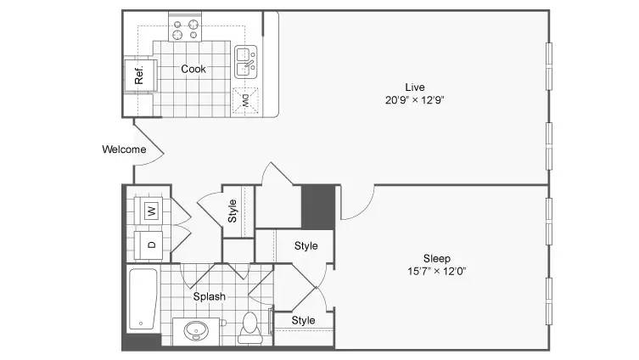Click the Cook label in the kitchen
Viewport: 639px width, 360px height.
click(193, 69)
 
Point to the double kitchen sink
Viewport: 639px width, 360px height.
click(246, 62)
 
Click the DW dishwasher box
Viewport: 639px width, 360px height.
click(245, 100)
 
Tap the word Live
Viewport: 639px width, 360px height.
click(415, 87)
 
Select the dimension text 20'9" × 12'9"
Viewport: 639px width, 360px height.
click(414, 100)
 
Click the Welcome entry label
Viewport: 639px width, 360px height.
click(124, 149)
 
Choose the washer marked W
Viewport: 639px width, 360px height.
click(150, 211)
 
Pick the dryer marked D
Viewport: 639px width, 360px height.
click(150, 245)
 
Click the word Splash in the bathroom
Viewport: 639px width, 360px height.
click(209, 296)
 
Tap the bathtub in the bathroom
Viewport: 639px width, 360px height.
click(143, 299)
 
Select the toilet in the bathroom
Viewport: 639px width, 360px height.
click(249, 328)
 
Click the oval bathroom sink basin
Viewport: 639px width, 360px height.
click(196, 329)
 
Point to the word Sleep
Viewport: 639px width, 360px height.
click(437, 258)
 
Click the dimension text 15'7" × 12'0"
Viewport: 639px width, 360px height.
click(437, 271)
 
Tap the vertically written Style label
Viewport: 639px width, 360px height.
click(232, 211)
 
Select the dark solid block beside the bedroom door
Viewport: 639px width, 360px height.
click(318, 206)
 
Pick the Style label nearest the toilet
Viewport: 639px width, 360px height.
click(303, 320)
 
